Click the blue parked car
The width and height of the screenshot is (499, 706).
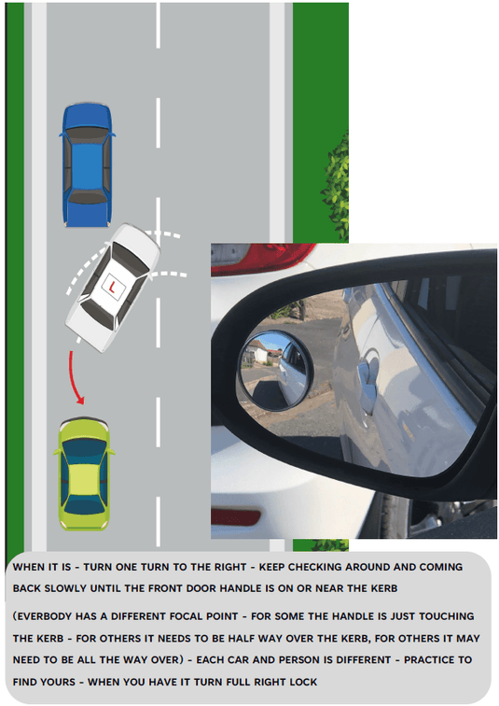[x=87, y=164]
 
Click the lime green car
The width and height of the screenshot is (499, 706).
[x=84, y=473]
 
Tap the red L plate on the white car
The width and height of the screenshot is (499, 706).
[x=112, y=286]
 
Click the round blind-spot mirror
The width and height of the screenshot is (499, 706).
[x=274, y=371]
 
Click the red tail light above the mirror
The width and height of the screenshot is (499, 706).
[x=261, y=259]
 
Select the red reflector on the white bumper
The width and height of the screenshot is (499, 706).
[x=235, y=517]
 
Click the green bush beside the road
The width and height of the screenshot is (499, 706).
[x=336, y=186]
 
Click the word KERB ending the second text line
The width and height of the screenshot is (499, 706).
[x=382, y=588]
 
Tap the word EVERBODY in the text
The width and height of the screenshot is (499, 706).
[x=44, y=616]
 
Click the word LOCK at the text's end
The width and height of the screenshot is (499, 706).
[x=303, y=682]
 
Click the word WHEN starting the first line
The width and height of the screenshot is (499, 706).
[x=29, y=567]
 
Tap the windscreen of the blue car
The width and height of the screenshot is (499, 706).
[x=87, y=134]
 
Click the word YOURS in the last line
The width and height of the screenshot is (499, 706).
[x=60, y=682]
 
